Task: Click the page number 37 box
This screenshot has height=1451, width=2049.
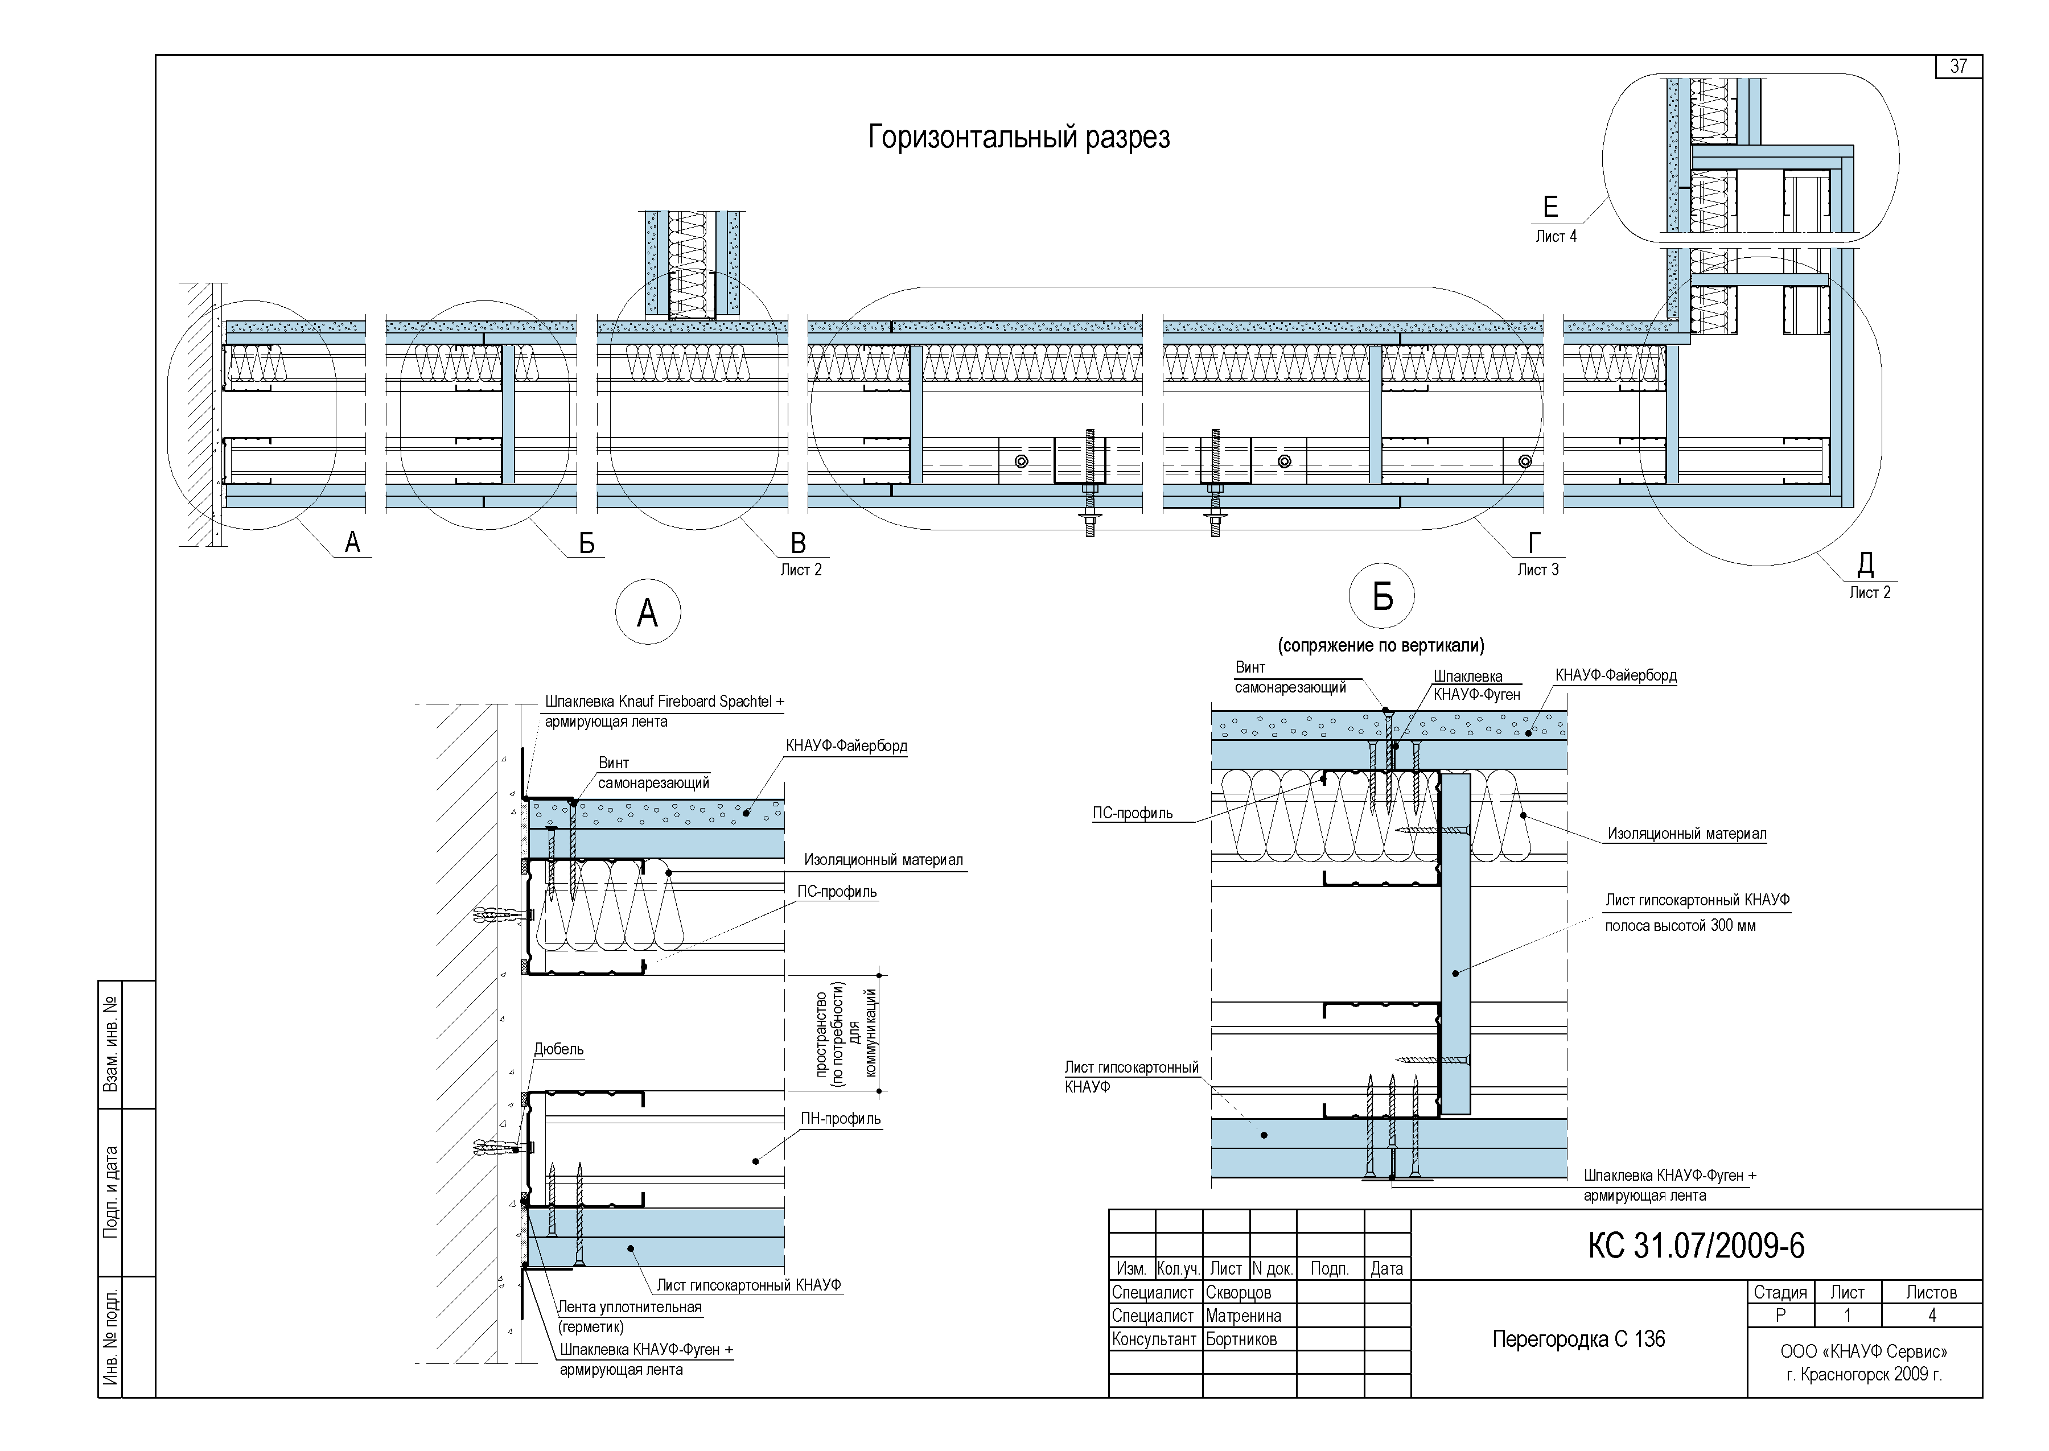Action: (x=1959, y=66)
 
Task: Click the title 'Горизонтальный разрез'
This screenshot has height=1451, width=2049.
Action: (x=1019, y=138)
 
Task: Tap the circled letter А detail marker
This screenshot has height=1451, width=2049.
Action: (x=648, y=613)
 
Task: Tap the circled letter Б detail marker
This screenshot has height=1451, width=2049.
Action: (x=1383, y=597)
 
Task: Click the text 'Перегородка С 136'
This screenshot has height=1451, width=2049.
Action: (x=1579, y=1338)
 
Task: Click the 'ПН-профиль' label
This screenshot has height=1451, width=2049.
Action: (x=840, y=1119)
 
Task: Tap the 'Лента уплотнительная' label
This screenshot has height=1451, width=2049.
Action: (x=630, y=1307)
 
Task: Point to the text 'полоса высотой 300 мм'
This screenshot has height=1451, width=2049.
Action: (x=1680, y=926)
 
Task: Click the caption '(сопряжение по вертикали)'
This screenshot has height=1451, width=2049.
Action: (x=1381, y=645)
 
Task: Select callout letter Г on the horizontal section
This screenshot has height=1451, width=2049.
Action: (x=1535, y=542)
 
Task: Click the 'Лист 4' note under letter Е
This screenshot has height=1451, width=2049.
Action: (x=1556, y=237)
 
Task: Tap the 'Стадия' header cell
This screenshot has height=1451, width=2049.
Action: (x=1780, y=1293)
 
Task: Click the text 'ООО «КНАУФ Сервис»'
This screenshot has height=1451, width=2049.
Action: (x=1864, y=1352)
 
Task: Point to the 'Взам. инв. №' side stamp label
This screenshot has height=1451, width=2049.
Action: (x=111, y=1045)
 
